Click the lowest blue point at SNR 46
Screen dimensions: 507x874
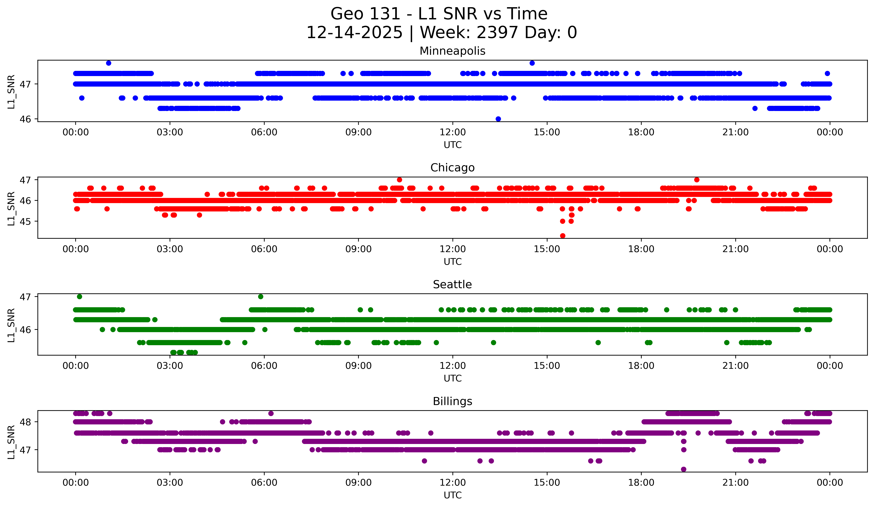coord(498,119)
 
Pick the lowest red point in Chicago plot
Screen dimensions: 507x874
coord(563,236)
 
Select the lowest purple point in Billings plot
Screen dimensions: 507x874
coord(684,469)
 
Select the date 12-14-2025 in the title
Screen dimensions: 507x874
coord(354,33)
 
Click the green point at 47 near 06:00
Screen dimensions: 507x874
coord(260,297)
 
